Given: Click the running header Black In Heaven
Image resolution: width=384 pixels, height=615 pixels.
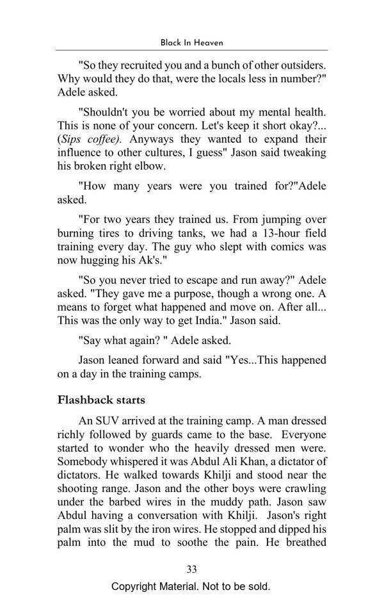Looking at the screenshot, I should (x=191, y=42).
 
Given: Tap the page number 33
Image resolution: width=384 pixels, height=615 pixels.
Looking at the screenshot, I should (x=191, y=570).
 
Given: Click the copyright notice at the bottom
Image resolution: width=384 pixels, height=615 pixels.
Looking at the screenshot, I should (x=191, y=587).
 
